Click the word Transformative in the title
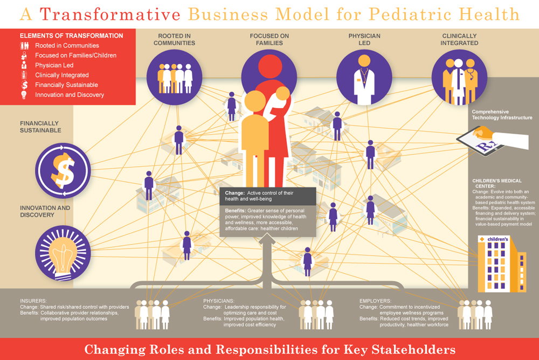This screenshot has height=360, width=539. (110, 15)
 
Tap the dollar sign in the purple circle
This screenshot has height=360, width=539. (63, 170)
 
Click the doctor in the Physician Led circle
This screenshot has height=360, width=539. (364, 80)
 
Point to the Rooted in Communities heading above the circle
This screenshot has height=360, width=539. (174, 39)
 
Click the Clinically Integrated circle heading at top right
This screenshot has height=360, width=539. (459, 39)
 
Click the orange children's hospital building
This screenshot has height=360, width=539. (502, 264)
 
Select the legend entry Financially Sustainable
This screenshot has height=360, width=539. (66, 85)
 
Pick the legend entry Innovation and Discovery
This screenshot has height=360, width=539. (70, 95)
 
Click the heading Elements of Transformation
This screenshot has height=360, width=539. (72, 36)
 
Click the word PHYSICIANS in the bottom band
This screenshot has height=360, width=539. (219, 301)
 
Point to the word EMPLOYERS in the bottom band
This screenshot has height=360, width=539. (375, 301)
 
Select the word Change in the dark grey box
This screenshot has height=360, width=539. (235, 193)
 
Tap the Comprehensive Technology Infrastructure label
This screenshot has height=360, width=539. (502, 115)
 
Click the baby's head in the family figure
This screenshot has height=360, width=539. (283, 94)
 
